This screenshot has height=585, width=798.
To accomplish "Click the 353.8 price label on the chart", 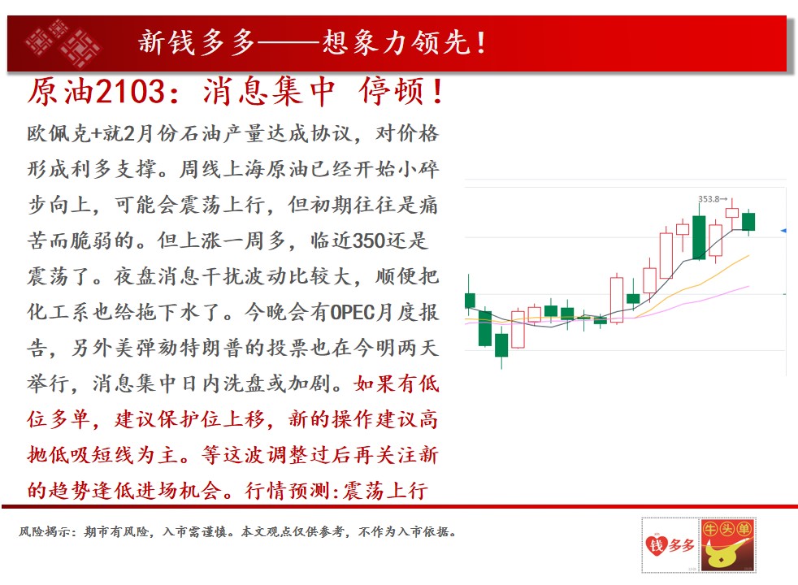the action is tap(709, 199).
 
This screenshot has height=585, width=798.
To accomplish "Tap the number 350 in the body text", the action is tap(368, 240).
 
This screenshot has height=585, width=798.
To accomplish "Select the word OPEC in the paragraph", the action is tap(352, 312).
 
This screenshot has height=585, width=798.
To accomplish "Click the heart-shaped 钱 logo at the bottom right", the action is tap(657, 545).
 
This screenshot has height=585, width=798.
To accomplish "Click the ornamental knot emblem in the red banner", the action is tap(63, 43).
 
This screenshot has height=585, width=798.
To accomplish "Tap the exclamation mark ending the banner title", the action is tap(481, 43).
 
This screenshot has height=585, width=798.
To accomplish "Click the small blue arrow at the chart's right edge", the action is tap(783, 231).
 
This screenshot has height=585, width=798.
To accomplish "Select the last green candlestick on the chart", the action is tap(748, 222).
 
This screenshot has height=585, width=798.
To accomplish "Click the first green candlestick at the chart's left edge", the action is tap(470, 300).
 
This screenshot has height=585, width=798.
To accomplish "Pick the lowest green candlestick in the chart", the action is tap(501, 345).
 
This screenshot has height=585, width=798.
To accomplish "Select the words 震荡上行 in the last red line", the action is tap(385, 491).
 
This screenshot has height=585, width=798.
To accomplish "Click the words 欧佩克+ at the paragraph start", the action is tap(65, 134).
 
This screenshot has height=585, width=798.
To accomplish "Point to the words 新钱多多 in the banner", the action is tap(197, 42).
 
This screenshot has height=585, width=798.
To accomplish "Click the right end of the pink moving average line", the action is tap(749, 286).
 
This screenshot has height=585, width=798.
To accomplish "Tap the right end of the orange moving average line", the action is tap(749, 255).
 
